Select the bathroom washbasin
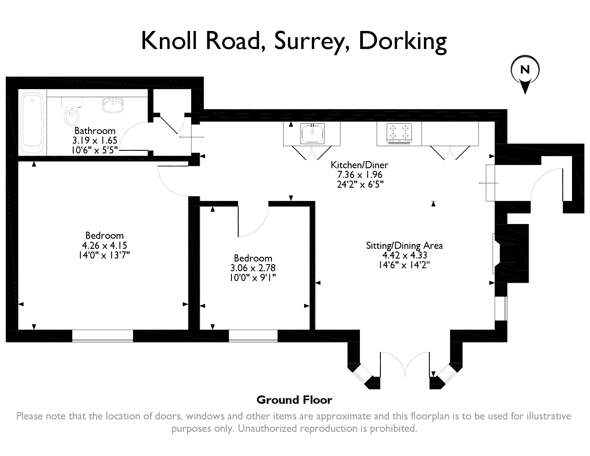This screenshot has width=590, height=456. [112, 105]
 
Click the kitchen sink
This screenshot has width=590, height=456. [312, 133]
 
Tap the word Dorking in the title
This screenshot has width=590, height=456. [402, 41]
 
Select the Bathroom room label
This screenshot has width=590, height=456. [95, 131]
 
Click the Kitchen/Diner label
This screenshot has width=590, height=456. [359, 165]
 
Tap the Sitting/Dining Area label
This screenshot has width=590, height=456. [404, 246]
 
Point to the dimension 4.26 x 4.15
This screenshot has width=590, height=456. [104, 245]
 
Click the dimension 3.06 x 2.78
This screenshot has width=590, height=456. [253, 268]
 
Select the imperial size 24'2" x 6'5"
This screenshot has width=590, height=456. [360, 184]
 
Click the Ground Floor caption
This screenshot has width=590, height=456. [294, 400]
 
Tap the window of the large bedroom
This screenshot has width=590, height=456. [103, 336]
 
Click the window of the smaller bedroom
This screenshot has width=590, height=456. [253, 336]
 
